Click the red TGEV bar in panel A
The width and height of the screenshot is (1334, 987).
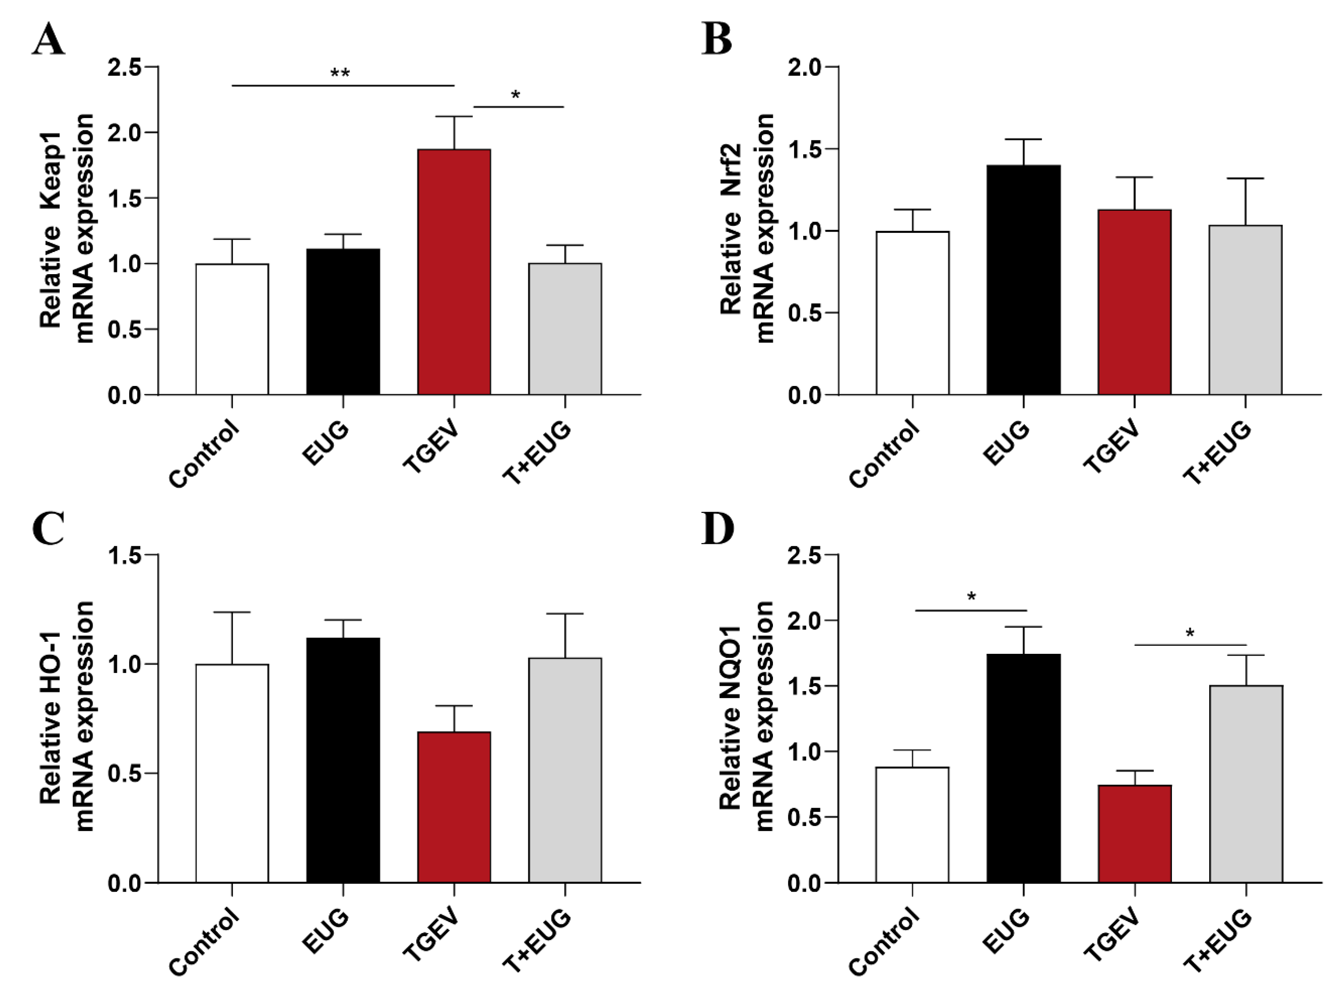[x=454, y=272]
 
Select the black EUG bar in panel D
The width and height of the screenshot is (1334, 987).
[x=1024, y=768]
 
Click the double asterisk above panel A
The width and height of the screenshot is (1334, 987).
[x=340, y=73]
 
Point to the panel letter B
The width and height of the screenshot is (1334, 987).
[x=717, y=41]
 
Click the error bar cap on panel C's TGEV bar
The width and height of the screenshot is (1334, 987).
[x=454, y=706]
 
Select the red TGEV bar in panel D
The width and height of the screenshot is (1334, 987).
[x=1134, y=834]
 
